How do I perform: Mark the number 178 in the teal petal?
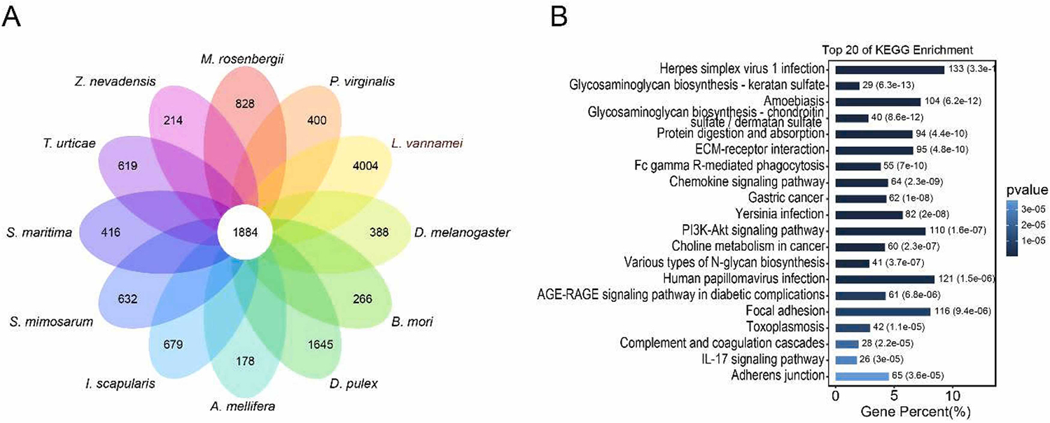coord(245,361)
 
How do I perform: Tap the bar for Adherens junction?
coord(862,376)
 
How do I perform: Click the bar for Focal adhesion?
coord(883,311)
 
